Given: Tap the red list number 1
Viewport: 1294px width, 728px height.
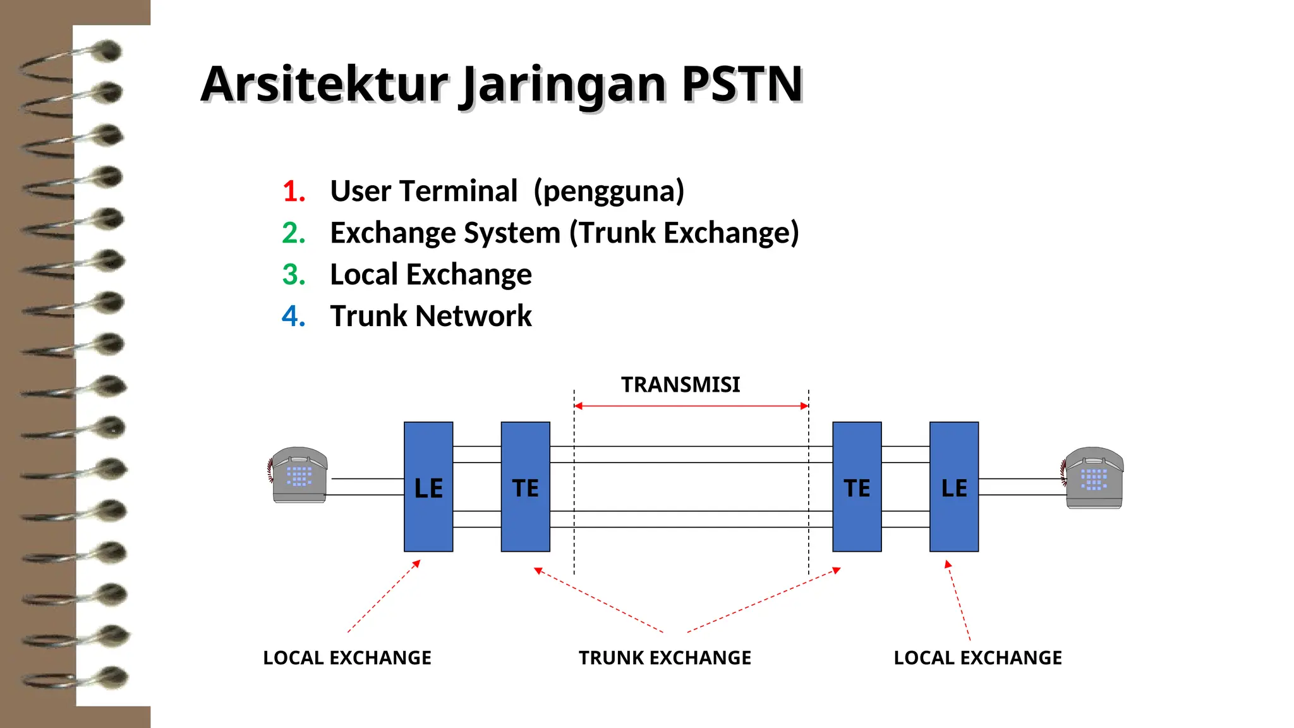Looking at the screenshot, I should click(x=294, y=191).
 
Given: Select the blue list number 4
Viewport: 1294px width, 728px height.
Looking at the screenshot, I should click(x=294, y=316).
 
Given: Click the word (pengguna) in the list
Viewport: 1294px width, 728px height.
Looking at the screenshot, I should click(x=608, y=191).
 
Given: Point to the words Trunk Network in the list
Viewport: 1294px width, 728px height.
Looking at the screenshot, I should click(x=431, y=316).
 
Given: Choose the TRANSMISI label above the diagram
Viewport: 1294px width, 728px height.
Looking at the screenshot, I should click(x=680, y=384).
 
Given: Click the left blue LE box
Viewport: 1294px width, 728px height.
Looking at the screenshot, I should click(x=428, y=487).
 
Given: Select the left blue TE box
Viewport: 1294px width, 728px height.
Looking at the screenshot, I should click(x=525, y=487).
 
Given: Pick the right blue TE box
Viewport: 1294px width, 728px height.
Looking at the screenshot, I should click(x=857, y=487).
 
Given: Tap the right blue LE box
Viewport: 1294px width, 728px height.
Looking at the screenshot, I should click(x=954, y=487).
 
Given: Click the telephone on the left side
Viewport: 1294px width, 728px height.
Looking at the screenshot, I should click(x=298, y=475).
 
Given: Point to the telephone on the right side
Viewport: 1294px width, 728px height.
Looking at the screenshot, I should click(x=1093, y=478).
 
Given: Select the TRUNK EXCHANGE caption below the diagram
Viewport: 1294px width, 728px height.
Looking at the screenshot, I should click(x=665, y=658).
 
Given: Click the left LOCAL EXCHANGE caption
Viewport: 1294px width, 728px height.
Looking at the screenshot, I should click(x=347, y=658).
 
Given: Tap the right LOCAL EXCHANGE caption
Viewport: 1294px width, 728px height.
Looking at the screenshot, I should click(x=977, y=658).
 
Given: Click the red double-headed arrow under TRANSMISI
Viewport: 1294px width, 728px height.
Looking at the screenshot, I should click(x=691, y=406).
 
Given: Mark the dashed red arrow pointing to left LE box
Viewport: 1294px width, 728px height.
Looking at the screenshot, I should click(x=384, y=597).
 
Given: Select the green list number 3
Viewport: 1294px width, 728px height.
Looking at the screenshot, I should click(x=294, y=274).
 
